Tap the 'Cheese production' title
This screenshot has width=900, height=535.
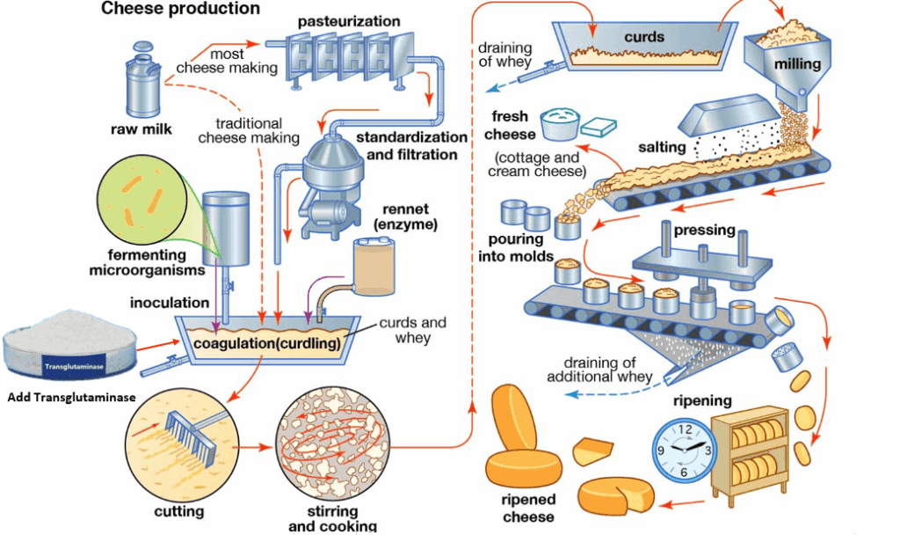[181, 9]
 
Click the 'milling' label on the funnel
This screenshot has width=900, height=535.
[797, 64]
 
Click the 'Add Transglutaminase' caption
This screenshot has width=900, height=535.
[71, 398]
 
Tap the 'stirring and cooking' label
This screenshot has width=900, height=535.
[332, 518]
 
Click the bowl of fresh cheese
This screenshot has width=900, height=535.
[562, 124]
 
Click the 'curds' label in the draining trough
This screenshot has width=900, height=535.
[644, 38]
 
